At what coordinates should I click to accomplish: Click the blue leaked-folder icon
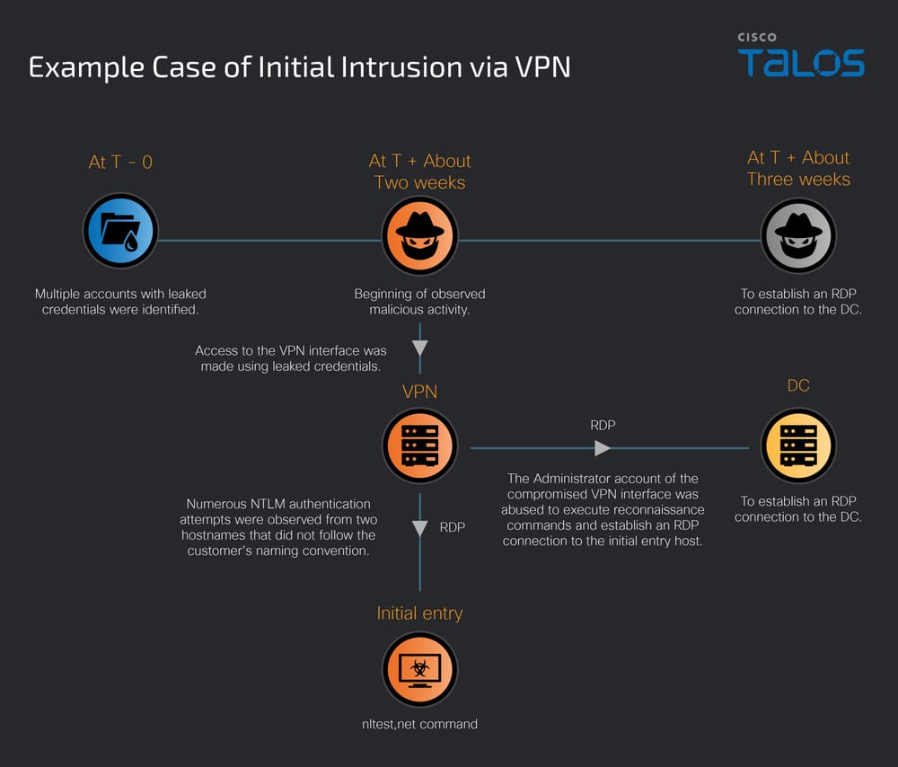coord(120,231)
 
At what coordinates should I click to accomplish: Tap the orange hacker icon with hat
coord(419,235)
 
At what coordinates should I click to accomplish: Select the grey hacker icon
coord(798,235)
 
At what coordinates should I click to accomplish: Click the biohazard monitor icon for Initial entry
coord(419,670)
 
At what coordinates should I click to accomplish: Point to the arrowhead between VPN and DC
coord(603,447)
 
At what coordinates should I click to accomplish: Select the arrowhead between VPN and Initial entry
coord(419,528)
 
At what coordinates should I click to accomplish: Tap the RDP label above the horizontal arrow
coord(603,425)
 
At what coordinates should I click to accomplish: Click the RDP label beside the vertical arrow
coord(453,527)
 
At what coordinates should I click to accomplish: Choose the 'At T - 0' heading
coord(120,162)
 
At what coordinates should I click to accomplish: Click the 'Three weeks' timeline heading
coord(798,179)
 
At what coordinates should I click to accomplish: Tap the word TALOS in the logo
coord(801,64)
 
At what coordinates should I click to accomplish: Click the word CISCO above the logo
coord(757,38)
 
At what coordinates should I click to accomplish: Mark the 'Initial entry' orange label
coord(419,613)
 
